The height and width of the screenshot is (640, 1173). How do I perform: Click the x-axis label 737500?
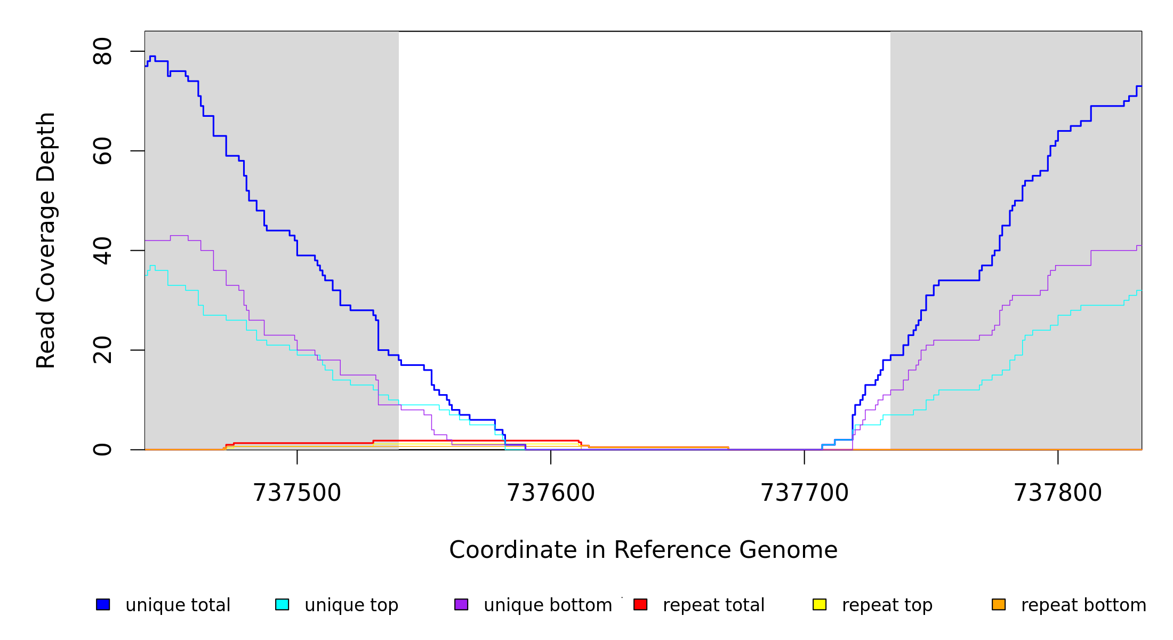coord(297,493)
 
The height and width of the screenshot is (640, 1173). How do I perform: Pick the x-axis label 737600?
coord(551,493)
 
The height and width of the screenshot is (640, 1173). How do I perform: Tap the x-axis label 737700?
coord(804,493)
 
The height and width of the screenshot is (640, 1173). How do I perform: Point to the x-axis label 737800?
coord(1058,493)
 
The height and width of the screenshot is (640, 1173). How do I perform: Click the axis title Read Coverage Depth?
coord(46,240)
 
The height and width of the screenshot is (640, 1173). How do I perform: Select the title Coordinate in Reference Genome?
coord(643,550)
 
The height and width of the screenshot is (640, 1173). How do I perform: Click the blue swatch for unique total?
coord(103,604)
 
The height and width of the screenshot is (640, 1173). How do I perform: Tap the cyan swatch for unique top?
coord(282,604)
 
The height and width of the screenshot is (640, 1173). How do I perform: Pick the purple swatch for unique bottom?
coord(461,604)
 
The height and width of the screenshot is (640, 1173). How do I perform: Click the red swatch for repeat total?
coord(640,604)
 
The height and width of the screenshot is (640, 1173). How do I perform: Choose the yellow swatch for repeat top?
coord(820,604)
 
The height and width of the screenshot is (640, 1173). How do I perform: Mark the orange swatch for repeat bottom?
coord(999,604)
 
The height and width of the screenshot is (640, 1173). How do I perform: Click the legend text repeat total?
coord(713,605)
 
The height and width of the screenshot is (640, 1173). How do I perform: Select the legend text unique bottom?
coord(548,605)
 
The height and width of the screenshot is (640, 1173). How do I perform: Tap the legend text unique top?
coord(351,605)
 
